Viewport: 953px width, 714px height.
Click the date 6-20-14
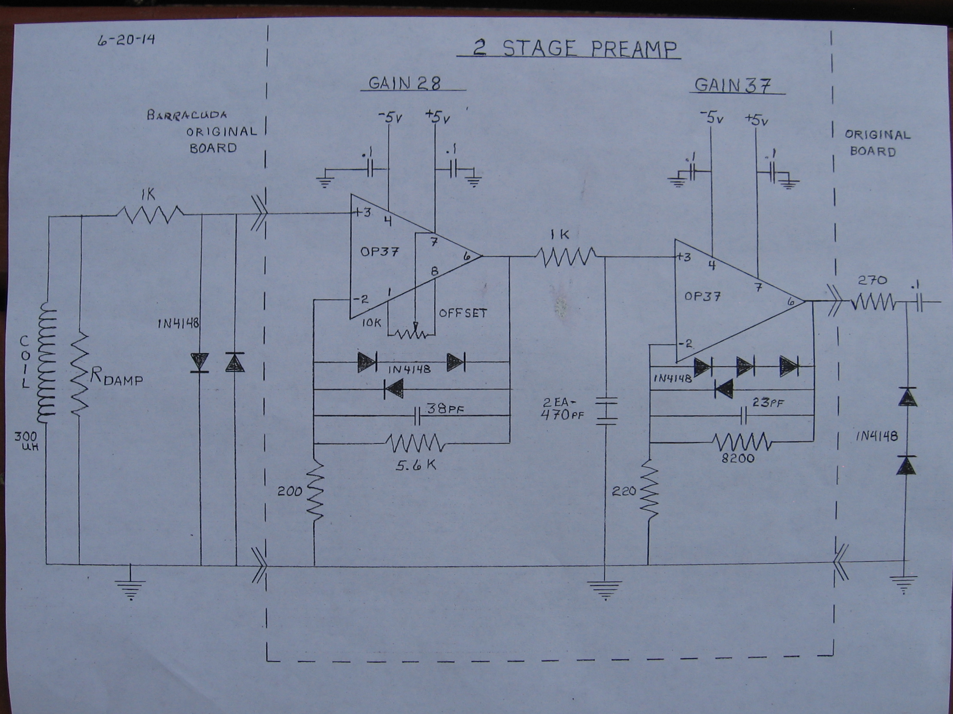coord(126,40)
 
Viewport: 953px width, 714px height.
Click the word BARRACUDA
coord(187,115)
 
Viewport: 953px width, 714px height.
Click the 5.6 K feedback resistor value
coord(416,465)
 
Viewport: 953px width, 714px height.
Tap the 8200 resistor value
coord(738,458)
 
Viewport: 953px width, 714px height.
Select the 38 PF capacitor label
coord(444,408)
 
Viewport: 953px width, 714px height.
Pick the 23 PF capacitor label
coord(768,403)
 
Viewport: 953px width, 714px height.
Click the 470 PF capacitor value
coord(562,416)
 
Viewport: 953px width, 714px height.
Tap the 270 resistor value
coord(872,281)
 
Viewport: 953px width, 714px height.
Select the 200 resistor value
coord(290,491)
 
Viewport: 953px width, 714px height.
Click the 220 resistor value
coord(624,492)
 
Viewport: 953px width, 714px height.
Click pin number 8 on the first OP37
coord(435,272)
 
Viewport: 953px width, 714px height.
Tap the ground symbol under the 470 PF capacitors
coord(605,590)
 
